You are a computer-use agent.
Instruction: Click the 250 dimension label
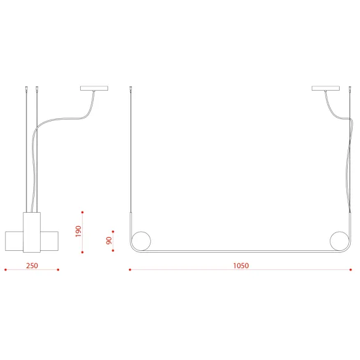pyautogui.click(x=32, y=266)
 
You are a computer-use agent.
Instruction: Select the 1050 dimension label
pyautogui.click(x=241, y=266)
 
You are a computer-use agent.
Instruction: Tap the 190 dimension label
pyautogui.click(x=78, y=231)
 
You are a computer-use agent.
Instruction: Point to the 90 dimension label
pyautogui.click(x=109, y=240)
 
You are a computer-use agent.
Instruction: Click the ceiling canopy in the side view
pyautogui.click(x=94, y=88)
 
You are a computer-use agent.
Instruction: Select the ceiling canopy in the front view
pyautogui.click(x=325, y=88)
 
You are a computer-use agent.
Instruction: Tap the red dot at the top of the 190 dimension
pyautogui.click(x=83, y=213)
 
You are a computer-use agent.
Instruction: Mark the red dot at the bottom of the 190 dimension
pyautogui.click(x=83, y=252)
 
